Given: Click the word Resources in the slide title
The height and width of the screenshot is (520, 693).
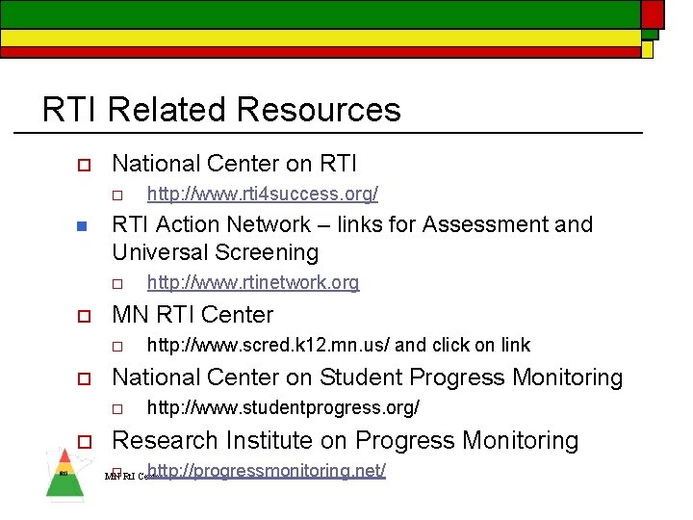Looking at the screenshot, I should tap(318, 110).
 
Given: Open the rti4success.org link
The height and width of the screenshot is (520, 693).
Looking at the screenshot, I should tap(262, 195).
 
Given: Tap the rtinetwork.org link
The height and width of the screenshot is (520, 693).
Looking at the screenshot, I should tap(252, 283).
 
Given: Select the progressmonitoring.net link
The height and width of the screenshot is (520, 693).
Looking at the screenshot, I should tap(267, 471).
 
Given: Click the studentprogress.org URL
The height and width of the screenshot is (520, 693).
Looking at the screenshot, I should tap(283, 408).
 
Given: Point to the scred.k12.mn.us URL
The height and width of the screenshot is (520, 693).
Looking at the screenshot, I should tap(269, 345).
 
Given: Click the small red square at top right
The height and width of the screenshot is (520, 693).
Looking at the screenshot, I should tap(653, 13).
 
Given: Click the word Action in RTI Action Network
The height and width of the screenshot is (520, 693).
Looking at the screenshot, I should tap(185, 224).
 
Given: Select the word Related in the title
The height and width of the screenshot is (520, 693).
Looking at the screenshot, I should tap(168, 110).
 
